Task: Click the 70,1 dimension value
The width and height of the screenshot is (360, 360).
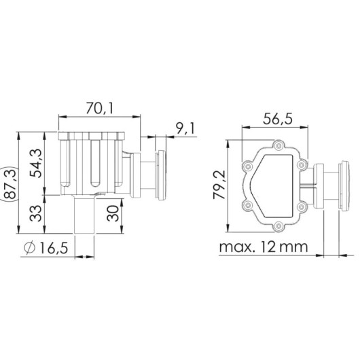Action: (x=100, y=108)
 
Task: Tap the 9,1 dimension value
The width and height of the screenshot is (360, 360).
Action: (x=185, y=128)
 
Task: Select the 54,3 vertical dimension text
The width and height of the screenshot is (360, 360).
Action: (x=36, y=164)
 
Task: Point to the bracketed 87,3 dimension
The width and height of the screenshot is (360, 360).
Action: (x=11, y=183)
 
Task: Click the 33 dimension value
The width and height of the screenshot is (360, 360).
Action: (x=36, y=213)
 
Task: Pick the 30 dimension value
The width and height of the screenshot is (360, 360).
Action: (x=113, y=213)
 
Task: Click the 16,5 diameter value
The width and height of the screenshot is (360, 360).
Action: (x=54, y=248)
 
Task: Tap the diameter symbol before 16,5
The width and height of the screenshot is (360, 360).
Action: (x=30, y=248)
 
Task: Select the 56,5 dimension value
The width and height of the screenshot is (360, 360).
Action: (x=278, y=119)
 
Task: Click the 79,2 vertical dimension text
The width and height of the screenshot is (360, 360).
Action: (x=219, y=185)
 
